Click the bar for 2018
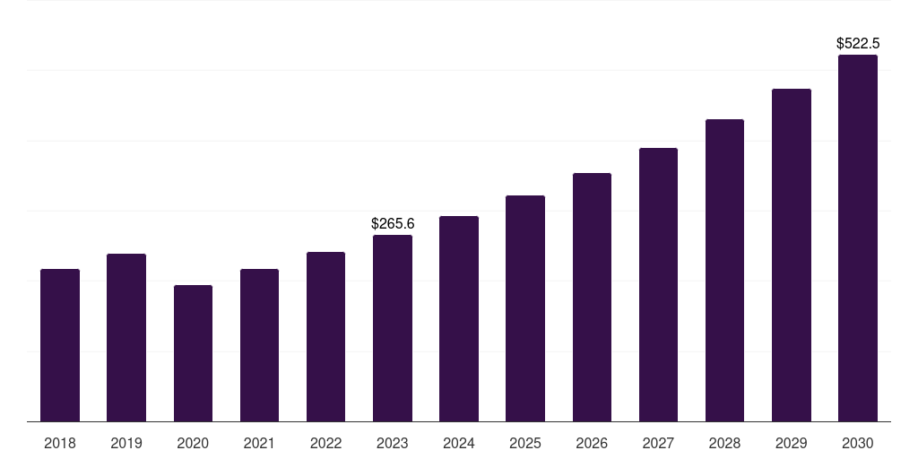(x=60, y=345)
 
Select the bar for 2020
(x=193, y=353)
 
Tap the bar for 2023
(x=393, y=328)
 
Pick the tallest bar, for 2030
(x=858, y=238)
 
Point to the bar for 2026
(x=592, y=297)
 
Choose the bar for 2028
(x=724, y=270)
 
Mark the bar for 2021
(x=259, y=345)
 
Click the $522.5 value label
(x=858, y=43)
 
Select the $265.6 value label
(x=393, y=223)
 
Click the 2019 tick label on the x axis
(x=126, y=443)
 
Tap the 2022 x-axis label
(x=325, y=443)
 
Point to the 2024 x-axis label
(x=459, y=443)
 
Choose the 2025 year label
(x=525, y=443)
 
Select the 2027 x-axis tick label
(x=658, y=443)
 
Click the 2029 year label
(x=792, y=443)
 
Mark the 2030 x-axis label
(x=858, y=443)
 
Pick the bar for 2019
(x=126, y=337)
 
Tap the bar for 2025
(x=525, y=308)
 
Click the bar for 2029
(x=792, y=255)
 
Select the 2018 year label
(x=60, y=443)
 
